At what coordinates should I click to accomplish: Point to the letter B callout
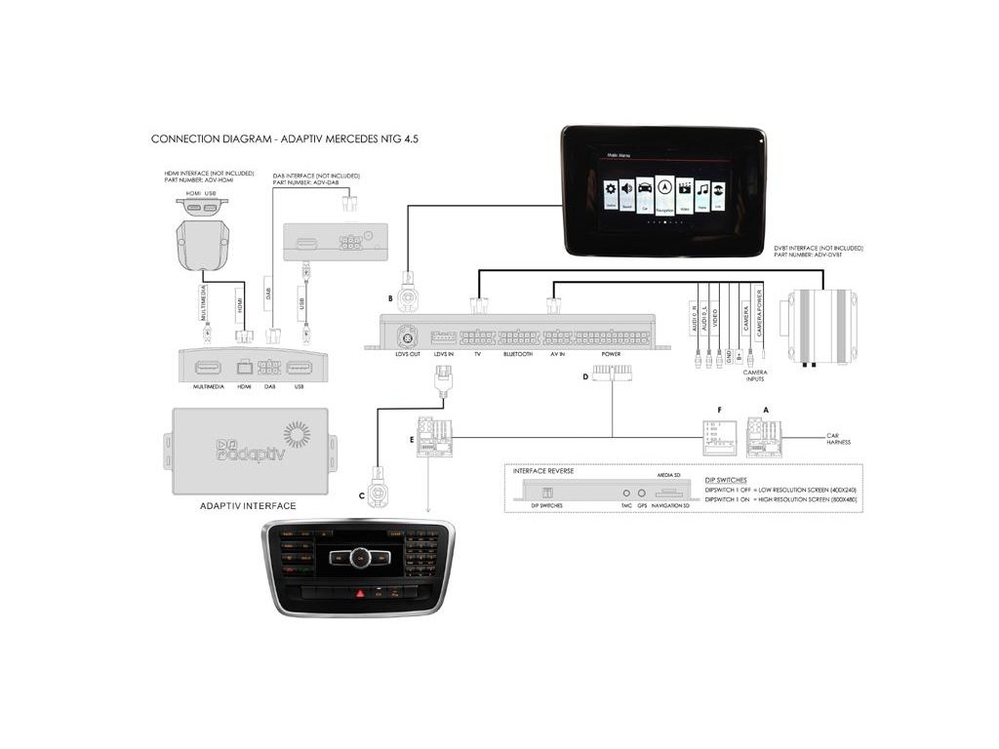(390, 297)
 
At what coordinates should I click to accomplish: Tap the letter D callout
(585, 375)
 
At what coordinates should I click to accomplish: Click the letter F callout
(719, 411)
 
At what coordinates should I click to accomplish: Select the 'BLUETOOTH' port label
(517, 355)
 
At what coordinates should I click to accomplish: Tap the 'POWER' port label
(612, 355)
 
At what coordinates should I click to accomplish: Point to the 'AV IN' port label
(559, 355)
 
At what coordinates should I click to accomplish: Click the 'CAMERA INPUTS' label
(754, 375)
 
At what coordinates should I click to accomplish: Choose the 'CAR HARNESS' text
(838, 439)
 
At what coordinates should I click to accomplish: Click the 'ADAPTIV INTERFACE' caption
(247, 506)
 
